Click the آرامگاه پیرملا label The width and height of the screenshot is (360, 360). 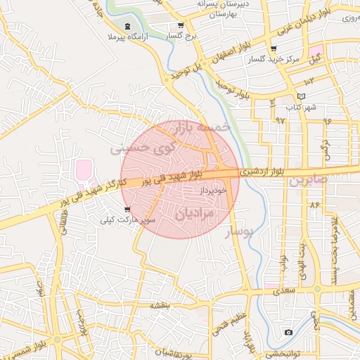tap(126, 35)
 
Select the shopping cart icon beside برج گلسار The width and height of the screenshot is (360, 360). tap(181, 25)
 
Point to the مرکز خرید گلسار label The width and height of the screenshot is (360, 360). tap(273, 60)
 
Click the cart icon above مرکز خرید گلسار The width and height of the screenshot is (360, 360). tap(273, 49)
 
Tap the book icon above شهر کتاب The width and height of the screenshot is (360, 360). tap(302, 96)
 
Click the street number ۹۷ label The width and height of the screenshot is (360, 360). tap(281, 120)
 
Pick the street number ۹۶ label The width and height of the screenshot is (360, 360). tap(327, 120)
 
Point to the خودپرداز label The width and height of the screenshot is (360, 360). tap(214, 191)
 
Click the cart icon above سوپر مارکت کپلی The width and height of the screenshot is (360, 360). tap(127, 209)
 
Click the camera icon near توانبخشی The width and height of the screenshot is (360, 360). tap(288, 332)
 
